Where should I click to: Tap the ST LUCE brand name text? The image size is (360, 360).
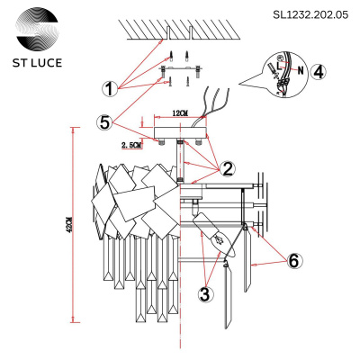click(x=37, y=65)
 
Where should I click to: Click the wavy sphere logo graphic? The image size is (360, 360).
click(x=37, y=30)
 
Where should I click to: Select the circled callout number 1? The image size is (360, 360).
click(x=109, y=89)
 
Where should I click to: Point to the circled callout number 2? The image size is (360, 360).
click(x=229, y=167)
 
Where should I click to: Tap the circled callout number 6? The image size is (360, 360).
click(x=294, y=260)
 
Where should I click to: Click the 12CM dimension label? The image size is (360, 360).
click(x=177, y=113)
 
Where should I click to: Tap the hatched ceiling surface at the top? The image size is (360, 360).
click(x=189, y=27)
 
